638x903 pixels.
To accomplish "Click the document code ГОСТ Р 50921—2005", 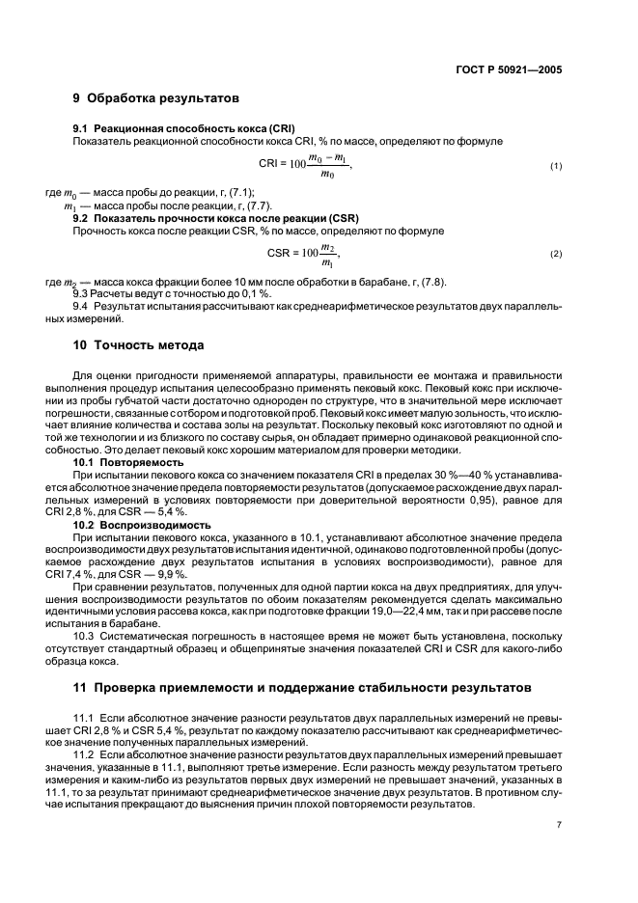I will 513,69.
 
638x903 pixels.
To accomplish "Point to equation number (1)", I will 556,167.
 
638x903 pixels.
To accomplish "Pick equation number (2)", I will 556,255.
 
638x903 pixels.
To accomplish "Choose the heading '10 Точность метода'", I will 138,345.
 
